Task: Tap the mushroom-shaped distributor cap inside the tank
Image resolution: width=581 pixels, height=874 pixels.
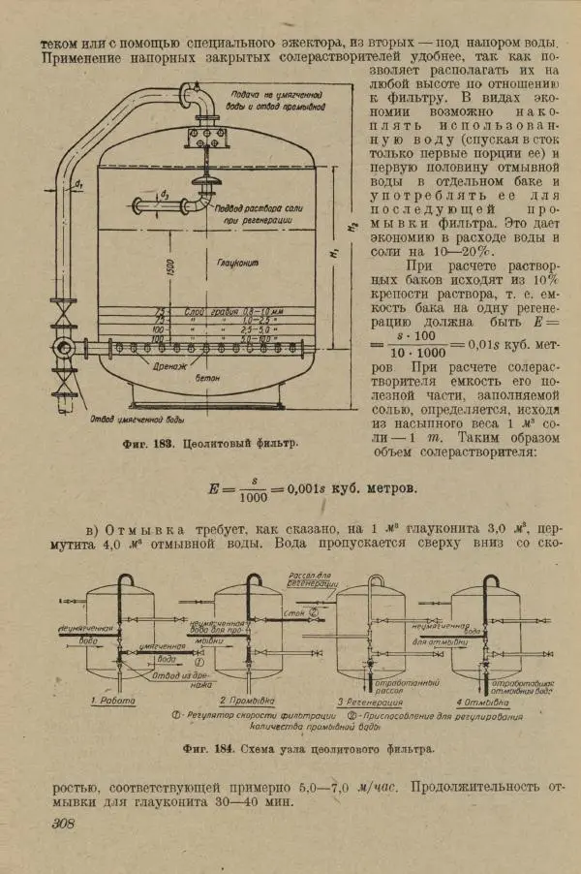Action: pyautogui.click(x=208, y=183)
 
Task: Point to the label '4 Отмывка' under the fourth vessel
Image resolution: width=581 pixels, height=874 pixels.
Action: pyautogui.click(x=485, y=700)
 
